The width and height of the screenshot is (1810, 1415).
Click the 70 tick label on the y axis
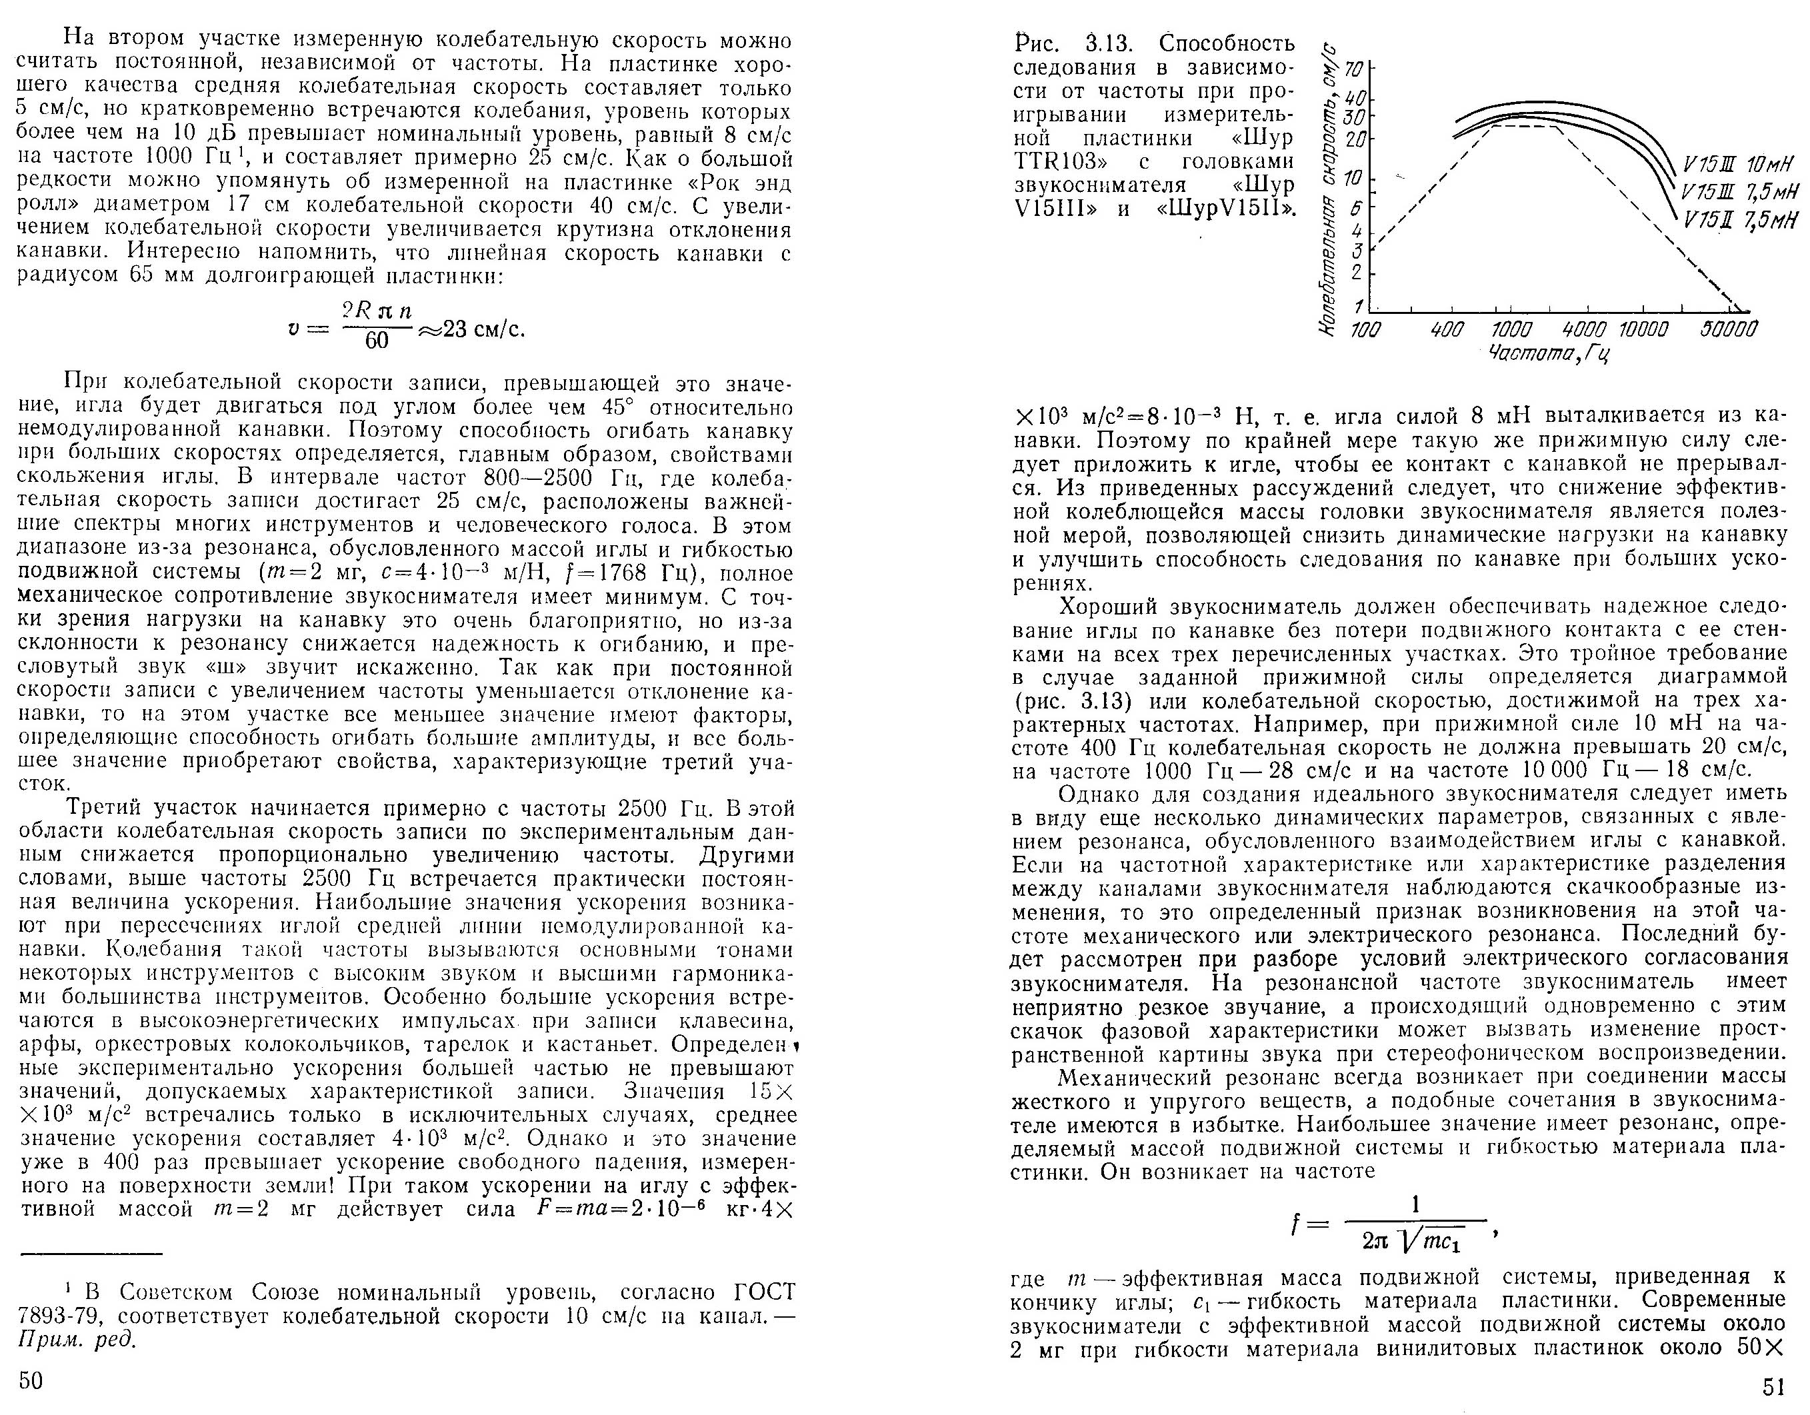(1353, 67)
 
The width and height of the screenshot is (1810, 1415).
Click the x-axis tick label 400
(1447, 330)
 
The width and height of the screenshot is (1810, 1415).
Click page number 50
(31, 1380)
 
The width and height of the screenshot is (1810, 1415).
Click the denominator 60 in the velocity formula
(376, 341)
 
